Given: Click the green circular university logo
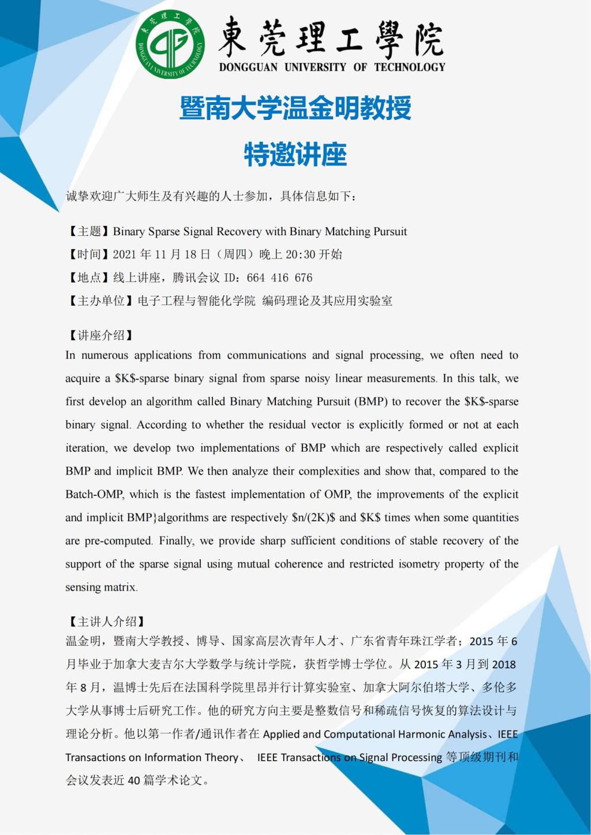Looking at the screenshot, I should point(170,44).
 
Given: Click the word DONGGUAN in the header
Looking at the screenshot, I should point(248,67).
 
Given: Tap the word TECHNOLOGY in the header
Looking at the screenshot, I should point(409,67).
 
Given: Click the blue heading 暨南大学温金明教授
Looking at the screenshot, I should point(295,108).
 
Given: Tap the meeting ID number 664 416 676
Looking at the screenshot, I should point(279,278).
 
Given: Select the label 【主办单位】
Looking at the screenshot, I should point(101,301).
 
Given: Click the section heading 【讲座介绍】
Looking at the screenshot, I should point(101,336).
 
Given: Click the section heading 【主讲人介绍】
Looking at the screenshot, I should point(107,622).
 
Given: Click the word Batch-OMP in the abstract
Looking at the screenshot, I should point(95,495).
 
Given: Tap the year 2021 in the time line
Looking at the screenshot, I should point(125,255).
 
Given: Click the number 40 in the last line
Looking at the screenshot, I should point(134,781).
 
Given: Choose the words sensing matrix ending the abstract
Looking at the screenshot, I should point(101,588).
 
